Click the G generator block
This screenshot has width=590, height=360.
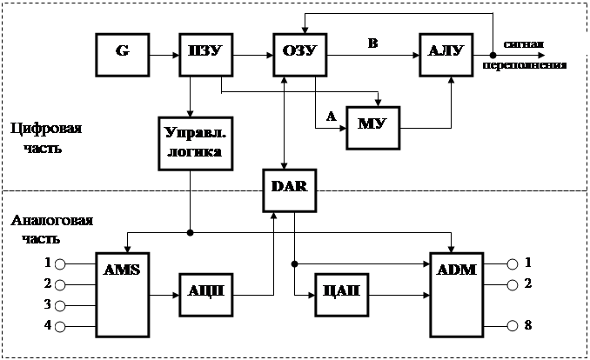tap(121, 56)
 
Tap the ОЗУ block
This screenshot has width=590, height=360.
tap(298, 56)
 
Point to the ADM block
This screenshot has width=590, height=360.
tap(455, 294)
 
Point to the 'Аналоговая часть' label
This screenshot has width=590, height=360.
tap(50, 229)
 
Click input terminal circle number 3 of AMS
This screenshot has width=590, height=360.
tap(60, 304)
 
